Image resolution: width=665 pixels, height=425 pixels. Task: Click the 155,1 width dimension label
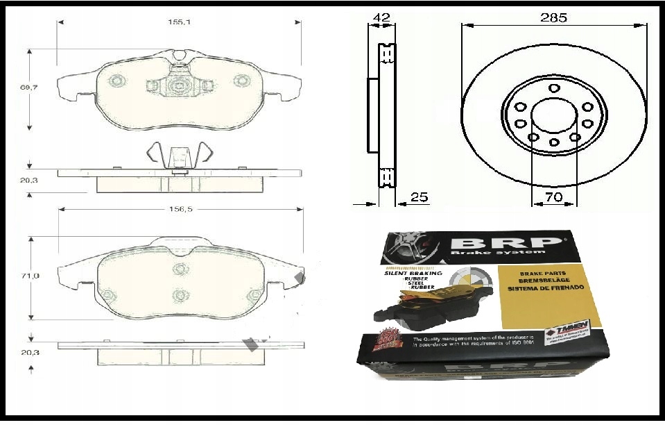coord(179,22)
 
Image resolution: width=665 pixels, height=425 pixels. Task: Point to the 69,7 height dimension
coord(30,87)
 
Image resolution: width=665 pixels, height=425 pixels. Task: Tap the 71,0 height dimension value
coord(30,276)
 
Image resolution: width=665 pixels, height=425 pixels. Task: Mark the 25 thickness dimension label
coord(419,197)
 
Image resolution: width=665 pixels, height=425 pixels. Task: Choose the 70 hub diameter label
coord(553,197)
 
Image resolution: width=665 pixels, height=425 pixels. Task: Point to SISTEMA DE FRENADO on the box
coord(545,287)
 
